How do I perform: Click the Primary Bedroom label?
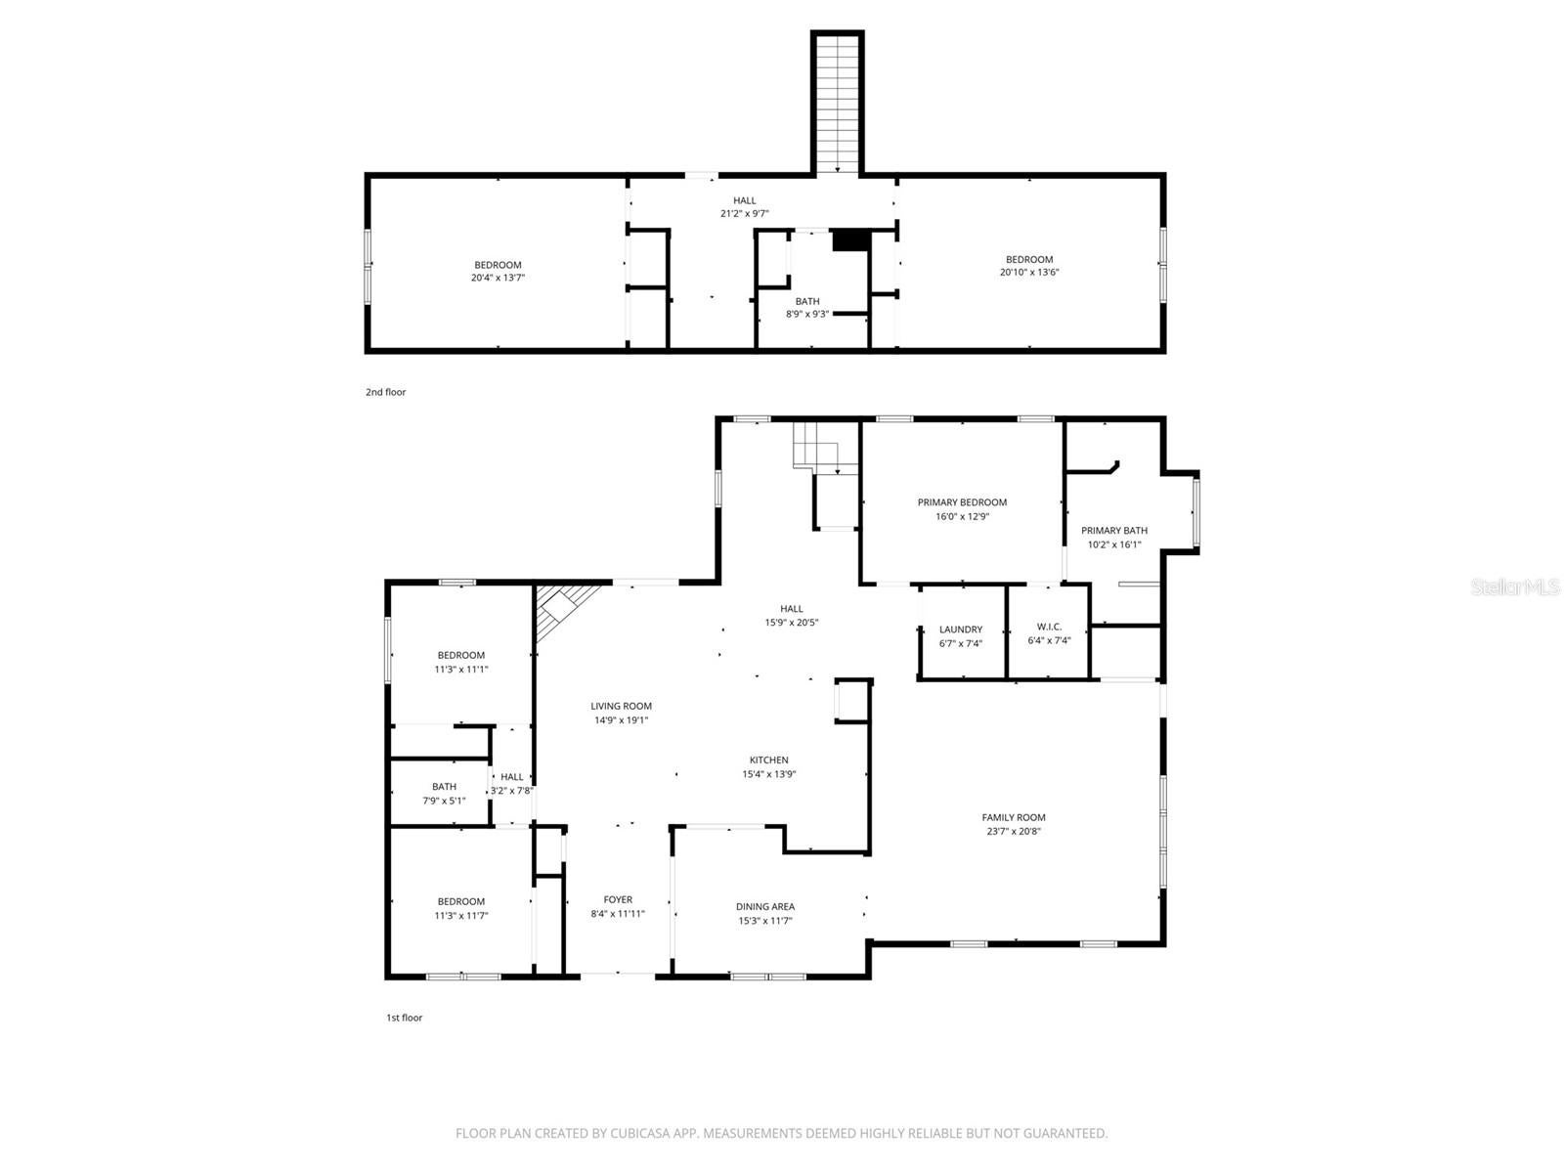[962, 502]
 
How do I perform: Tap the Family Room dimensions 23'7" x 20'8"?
[1014, 832]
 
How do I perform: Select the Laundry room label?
[961, 630]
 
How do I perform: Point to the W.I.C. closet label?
[1049, 627]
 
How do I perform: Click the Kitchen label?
[768, 760]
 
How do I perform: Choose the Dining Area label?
[764, 906]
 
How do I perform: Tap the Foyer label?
[618, 899]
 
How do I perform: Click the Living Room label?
[621, 706]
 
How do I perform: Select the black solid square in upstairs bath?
[849, 240]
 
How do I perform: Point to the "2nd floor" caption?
[385, 392]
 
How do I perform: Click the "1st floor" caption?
[404, 1018]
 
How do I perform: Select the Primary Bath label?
[1113, 531]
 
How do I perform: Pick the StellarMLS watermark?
[1515, 586]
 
